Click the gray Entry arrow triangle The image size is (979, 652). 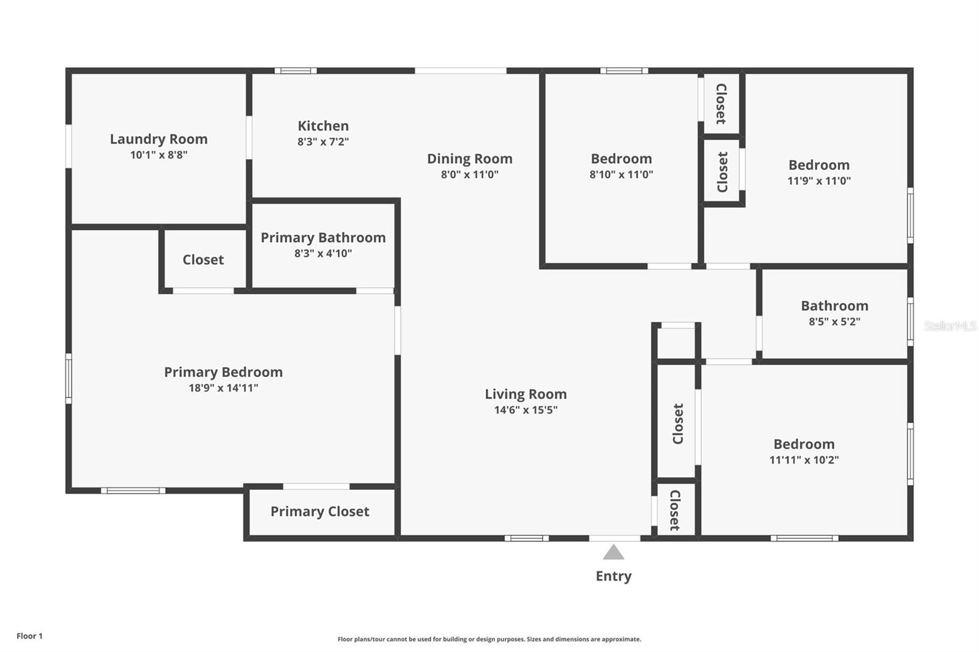pyautogui.click(x=614, y=554)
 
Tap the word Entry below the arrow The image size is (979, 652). pyautogui.click(x=614, y=576)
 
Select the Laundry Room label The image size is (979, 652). pyautogui.click(x=158, y=139)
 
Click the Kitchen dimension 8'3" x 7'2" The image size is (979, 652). pyautogui.click(x=323, y=142)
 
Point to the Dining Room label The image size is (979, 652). pyautogui.click(x=469, y=159)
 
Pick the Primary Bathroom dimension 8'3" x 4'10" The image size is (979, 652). pyautogui.click(x=323, y=254)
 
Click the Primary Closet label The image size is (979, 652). pyautogui.click(x=319, y=512)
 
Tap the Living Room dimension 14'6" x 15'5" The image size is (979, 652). pyautogui.click(x=526, y=410)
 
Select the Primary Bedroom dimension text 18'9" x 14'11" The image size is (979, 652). pyautogui.click(x=223, y=388)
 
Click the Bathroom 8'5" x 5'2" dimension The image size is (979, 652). pyautogui.click(x=834, y=322)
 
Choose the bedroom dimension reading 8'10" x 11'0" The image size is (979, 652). pyautogui.click(x=621, y=175)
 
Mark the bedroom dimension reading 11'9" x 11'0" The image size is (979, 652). pyautogui.click(x=819, y=181)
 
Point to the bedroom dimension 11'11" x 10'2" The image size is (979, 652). pyautogui.click(x=803, y=460)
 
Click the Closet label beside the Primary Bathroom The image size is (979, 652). pyautogui.click(x=203, y=260)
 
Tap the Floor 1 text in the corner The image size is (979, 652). pyautogui.click(x=29, y=636)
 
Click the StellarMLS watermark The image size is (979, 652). pyautogui.click(x=950, y=326)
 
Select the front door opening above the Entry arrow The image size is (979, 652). pyautogui.click(x=614, y=538)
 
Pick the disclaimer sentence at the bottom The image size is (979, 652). pyautogui.click(x=489, y=639)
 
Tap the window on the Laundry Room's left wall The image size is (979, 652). pyautogui.click(x=69, y=146)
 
